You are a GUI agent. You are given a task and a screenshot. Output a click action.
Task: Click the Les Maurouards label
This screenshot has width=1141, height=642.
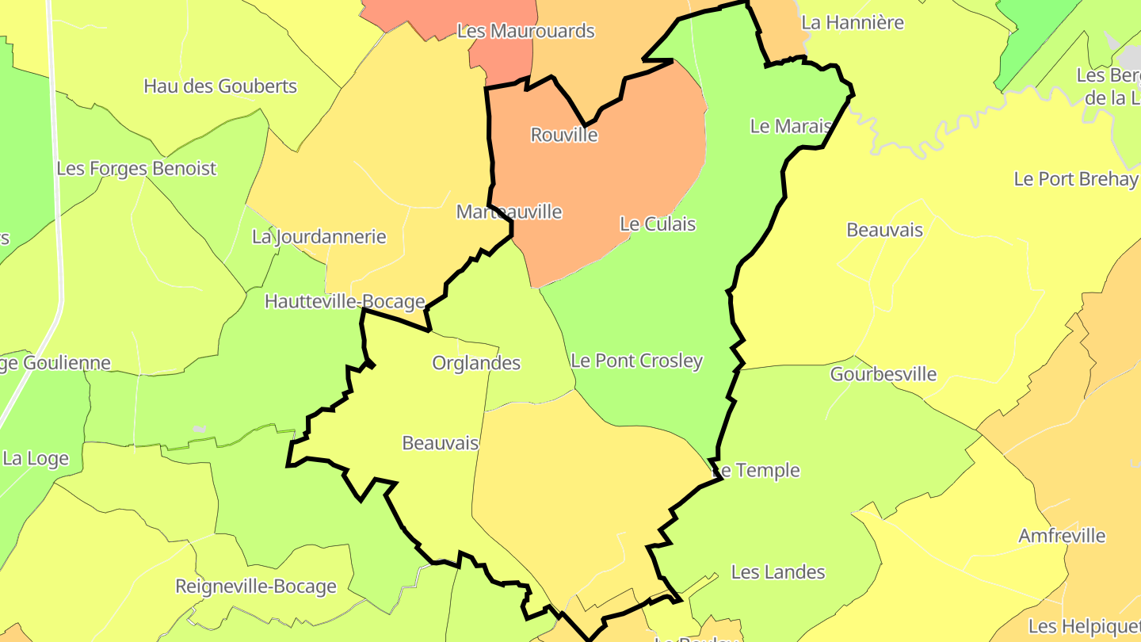click(x=526, y=31)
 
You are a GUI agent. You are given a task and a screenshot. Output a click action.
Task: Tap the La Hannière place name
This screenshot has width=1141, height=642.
click(x=853, y=22)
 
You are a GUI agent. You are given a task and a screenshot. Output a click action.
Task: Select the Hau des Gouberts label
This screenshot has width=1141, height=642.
click(x=220, y=86)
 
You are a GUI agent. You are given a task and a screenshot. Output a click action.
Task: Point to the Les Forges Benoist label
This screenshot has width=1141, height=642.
click(x=136, y=169)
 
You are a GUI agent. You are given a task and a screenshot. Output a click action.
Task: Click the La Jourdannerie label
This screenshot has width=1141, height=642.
click(x=319, y=237)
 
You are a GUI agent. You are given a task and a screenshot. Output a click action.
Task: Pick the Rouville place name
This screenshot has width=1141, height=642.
click(x=564, y=135)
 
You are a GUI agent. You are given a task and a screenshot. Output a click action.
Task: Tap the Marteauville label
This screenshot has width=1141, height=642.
click(x=509, y=212)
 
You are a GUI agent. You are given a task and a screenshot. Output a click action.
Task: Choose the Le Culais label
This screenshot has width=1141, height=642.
click(x=658, y=224)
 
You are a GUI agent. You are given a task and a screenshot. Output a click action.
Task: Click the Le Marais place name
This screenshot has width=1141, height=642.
click(x=791, y=127)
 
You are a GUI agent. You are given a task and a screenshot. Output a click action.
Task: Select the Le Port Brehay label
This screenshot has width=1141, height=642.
click(x=1076, y=179)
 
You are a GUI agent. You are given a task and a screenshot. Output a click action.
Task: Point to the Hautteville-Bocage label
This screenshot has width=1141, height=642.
click(x=345, y=302)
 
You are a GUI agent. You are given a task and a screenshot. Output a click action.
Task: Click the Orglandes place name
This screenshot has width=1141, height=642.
click(x=476, y=363)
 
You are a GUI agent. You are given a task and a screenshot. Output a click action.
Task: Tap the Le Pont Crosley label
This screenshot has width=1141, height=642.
click(x=637, y=361)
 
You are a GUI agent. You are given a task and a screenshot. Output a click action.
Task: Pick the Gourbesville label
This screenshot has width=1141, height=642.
click(x=883, y=374)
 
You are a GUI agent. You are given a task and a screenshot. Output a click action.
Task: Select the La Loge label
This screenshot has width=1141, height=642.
click(x=36, y=459)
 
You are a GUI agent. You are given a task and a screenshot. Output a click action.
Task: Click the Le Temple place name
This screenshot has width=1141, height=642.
click(x=757, y=471)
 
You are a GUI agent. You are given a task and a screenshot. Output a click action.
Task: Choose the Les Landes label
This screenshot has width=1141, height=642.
click(x=778, y=572)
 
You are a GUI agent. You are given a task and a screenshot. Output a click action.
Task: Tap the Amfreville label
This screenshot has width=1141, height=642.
click(x=1062, y=536)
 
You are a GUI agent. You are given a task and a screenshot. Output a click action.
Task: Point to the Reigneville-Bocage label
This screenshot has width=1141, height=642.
click(x=256, y=587)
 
